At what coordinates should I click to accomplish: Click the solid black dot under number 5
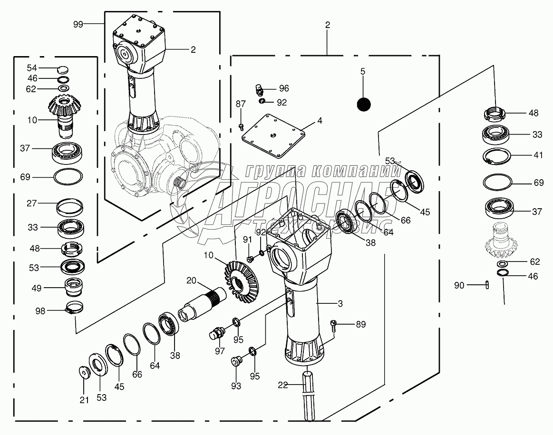(x=363, y=104)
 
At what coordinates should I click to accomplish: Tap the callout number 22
(x=283, y=385)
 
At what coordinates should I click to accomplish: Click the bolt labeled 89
(x=335, y=325)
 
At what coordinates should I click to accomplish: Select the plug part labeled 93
(x=235, y=361)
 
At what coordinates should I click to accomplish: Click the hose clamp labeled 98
(x=76, y=309)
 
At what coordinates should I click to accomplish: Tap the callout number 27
(x=32, y=203)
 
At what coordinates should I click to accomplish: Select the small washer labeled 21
(x=84, y=371)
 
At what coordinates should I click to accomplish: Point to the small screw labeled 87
(x=241, y=126)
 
